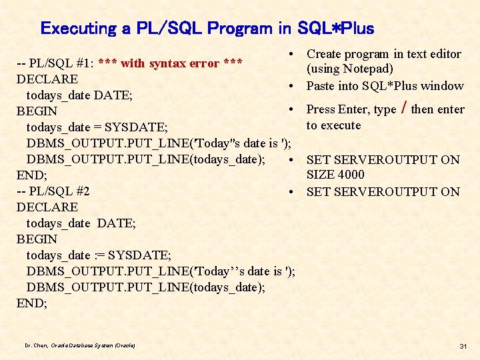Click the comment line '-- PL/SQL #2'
pos(53,191)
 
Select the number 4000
pos(351,175)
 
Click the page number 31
pos(463,345)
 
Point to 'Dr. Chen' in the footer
pos(36,345)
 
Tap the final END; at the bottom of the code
pos(31,303)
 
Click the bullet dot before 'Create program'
pos(293,54)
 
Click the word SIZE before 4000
pos(320,175)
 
